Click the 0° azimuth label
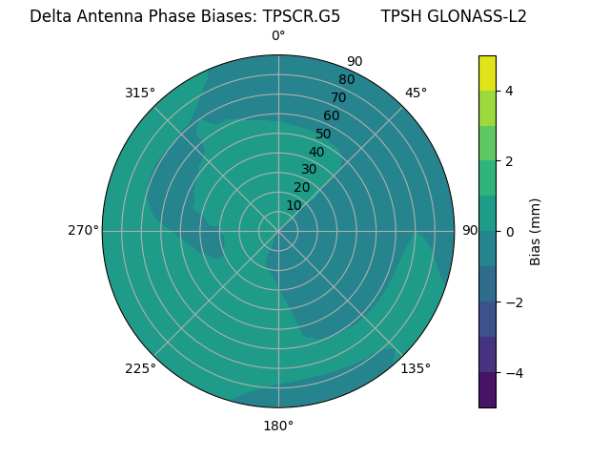click(x=278, y=36)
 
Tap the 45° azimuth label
click(x=416, y=93)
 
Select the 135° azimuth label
click(x=416, y=368)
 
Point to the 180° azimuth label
click(x=278, y=426)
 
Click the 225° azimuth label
click(x=140, y=368)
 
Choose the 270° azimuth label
click(x=83, y=230)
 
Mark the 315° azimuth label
click(x=140, y=93)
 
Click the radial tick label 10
click(x=294, y=205)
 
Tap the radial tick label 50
click(x=324, y=135)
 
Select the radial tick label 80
click(x=346, y=80)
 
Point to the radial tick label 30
click(x=309, y=170)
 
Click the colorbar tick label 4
click(x=509, y=91)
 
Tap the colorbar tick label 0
click(x=509, y=232)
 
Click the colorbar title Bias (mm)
click(x=536, y=232)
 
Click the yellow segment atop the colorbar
click(x=487, y=73)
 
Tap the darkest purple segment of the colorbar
click(x=487, y=390)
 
